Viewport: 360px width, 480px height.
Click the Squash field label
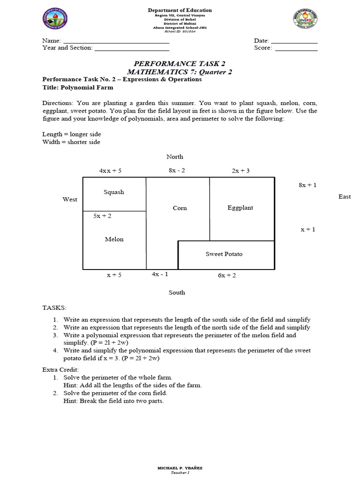tap(114, 192)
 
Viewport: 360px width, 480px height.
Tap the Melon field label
tap(114, 240)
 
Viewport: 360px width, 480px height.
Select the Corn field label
tap(180, 208)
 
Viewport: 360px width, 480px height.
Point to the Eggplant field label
tap(240, 208)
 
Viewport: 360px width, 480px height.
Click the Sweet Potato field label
tap(224, 254)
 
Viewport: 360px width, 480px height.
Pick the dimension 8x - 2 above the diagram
tap(177, 171)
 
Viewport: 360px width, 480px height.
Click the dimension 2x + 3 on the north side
tap(240, 171)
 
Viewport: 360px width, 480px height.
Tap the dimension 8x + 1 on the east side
tap(307, 185)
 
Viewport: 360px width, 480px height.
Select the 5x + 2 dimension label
tap(102, 216)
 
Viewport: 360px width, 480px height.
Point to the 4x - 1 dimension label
tap(160, 274)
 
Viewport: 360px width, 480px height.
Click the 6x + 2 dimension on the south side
tap(227, 276)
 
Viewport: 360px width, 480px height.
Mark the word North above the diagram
tap(174, 157)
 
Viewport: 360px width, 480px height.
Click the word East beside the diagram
tap(345, 196)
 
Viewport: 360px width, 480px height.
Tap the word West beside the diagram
tap(70, 200)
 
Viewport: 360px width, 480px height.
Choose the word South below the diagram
tap(177, 292)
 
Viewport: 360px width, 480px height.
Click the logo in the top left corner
tap(55, 20)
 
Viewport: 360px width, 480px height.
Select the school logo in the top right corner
tap(305, 19)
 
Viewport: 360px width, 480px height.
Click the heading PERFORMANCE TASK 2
tap(180, 64)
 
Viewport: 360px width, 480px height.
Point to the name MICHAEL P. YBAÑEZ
tap(180, 468)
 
